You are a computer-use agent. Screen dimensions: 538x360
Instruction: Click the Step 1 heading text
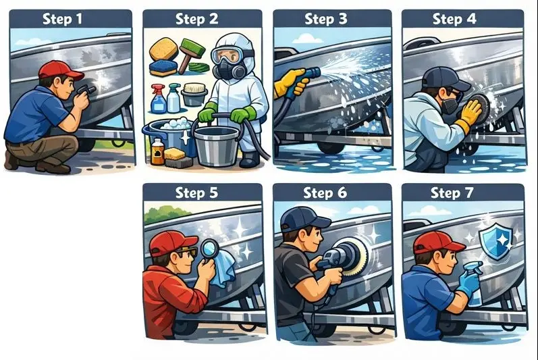click(63, 18)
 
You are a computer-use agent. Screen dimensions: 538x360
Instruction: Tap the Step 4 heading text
click(454, 18)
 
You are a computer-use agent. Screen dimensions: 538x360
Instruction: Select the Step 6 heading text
click(325, 192)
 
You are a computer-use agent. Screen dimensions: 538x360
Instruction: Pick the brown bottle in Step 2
click(157, 151)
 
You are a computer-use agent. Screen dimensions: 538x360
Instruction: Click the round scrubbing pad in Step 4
click(478, 103)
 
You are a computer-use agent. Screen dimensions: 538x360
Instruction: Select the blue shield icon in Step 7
click(496, 240)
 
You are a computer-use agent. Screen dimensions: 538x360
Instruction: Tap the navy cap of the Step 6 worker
click(304, 219)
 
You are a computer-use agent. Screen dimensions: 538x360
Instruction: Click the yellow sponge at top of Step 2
click(163, 49)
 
